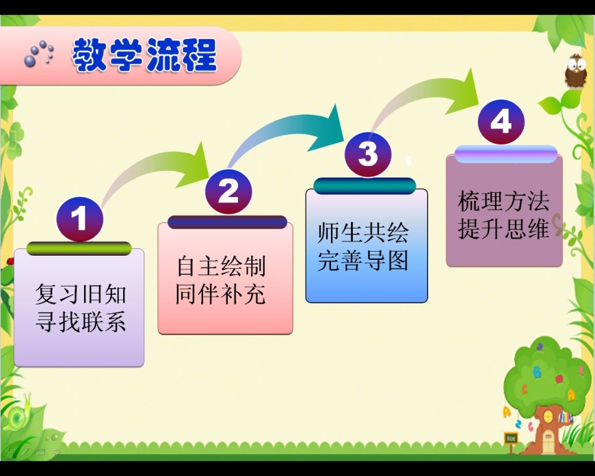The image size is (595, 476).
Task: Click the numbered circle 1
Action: tap(80, 219)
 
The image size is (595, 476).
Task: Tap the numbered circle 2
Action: tap(228, 191)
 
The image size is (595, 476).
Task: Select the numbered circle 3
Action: tap(368, 154)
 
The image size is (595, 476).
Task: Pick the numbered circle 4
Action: tap(501, 122)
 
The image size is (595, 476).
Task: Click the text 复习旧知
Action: tap(81, 295)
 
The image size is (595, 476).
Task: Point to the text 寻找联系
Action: tap(81, 322)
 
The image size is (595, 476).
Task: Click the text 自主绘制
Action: tap(221, 266)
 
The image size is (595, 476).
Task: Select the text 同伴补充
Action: tap(220, 294)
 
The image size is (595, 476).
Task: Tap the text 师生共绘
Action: tap(363, 233)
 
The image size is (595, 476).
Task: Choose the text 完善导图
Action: tap(363, 261)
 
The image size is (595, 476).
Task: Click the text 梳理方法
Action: tap(503, 201)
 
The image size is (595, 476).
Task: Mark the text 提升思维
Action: tap(503, 228)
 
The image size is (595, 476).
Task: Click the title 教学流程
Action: tap(144, 55)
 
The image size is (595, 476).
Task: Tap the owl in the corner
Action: tap(575, 71)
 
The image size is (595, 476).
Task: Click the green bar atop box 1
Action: tap(79, 249)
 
